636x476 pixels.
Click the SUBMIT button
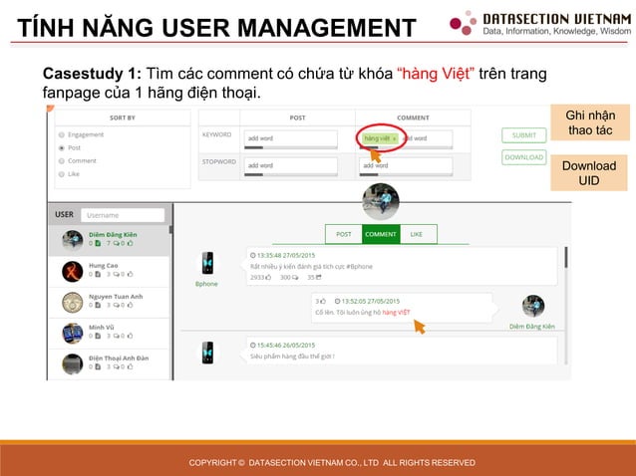(x=523, y=134)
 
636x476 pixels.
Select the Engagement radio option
(x=62, y=133)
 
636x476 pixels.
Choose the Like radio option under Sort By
(x=62, y=173)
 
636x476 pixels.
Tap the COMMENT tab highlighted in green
(x=380, y=234)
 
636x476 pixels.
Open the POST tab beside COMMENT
(x=343, y=234)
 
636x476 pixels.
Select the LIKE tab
(x=417, y=234)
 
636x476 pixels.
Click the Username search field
(x=123, y=214)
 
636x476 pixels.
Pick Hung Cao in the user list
(x=104, y=266)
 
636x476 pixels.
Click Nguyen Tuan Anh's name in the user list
(x=116, y=297)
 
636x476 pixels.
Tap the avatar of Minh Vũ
(x=72, y=333)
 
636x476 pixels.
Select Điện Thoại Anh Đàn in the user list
(x=119, y=357)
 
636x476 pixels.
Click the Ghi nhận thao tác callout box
(x=589, y=123)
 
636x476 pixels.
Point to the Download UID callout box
(x=589, y=172)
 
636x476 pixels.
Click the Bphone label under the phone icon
(x=207, y=284)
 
